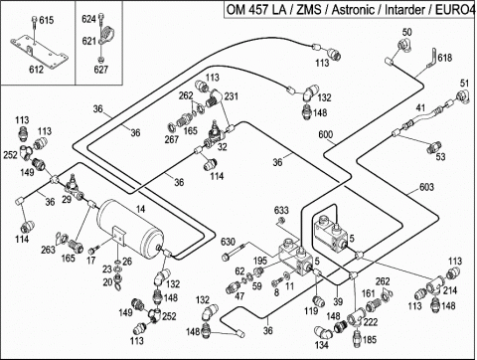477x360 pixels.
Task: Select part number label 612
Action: [36, 70]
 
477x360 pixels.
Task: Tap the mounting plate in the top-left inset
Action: [39, 53]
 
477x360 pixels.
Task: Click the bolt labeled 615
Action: [34, 29]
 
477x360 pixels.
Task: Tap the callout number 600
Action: [326, 134]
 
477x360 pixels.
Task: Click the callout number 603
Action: [426, 187]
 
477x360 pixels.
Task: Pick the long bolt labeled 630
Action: [235, 252]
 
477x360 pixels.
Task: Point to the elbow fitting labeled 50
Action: [404, 46]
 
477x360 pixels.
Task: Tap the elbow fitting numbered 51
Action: [463, 95]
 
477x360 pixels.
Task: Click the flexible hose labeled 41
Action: [422, 119]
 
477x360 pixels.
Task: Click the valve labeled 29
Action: [74, 186]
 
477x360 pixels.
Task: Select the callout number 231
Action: [231, 96]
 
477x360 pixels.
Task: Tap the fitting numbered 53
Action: [433, 147]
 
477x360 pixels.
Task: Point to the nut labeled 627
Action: [100, 60]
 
